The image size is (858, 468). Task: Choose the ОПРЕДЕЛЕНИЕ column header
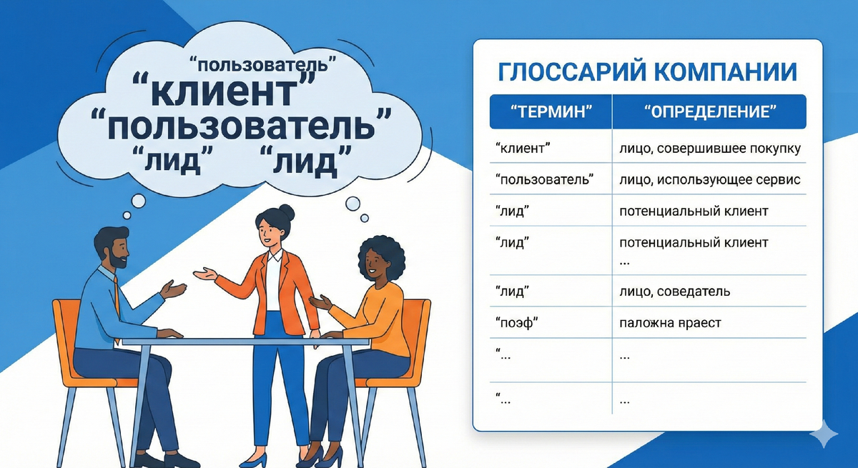click(x=709, y=112)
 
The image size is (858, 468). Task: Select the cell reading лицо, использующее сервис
click(x=709, y=179)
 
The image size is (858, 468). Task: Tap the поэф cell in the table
click(x=516, y=323)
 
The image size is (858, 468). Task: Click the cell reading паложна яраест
click(x=670, y=323)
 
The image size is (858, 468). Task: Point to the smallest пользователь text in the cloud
click(x=265, y=64)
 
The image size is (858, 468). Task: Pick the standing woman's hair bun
click(x=286, y=212)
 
